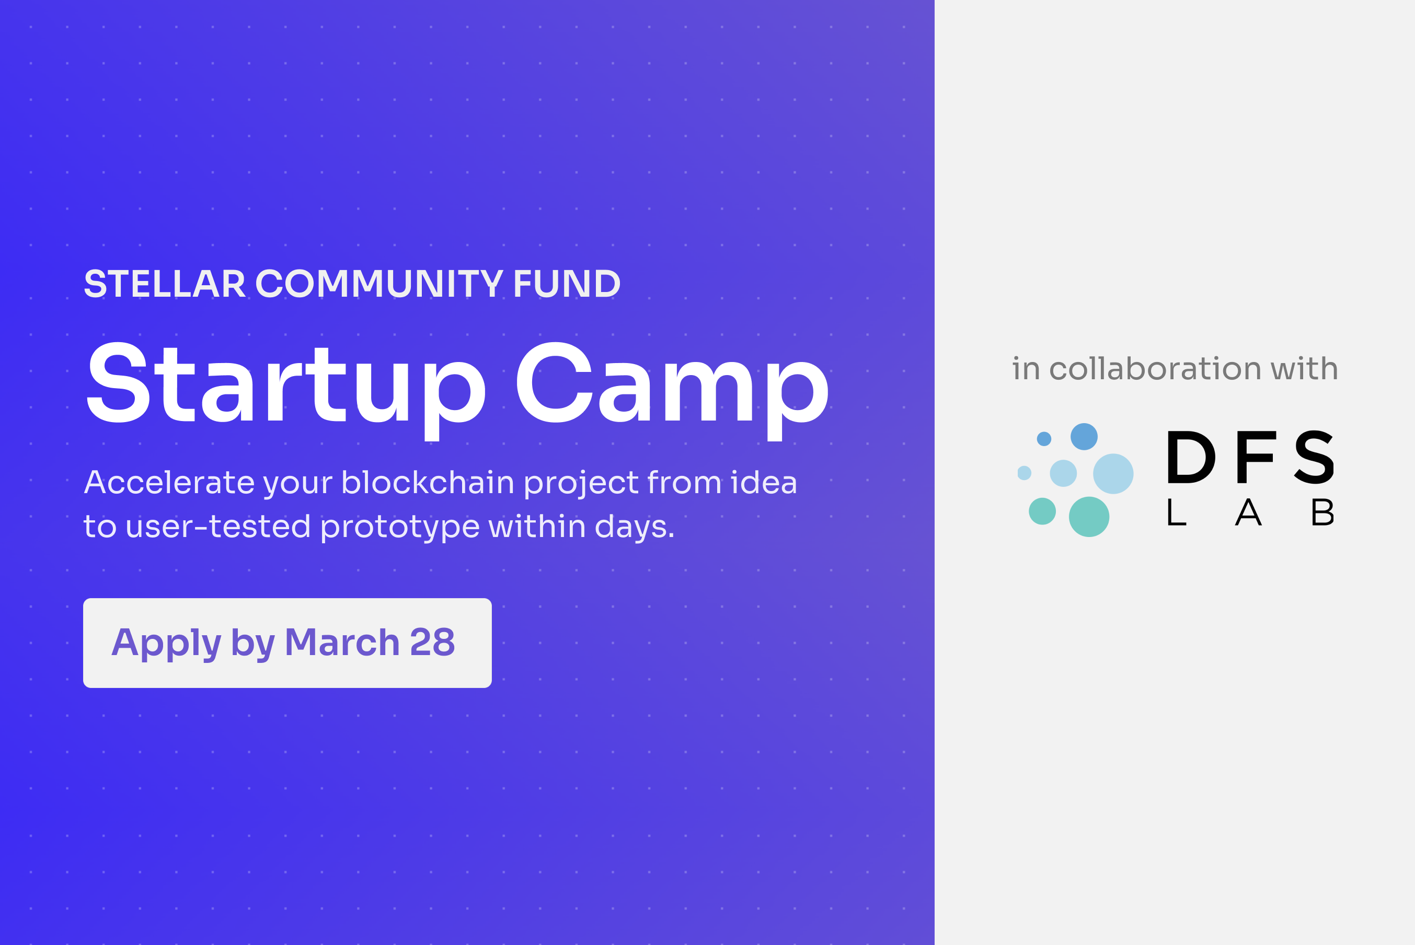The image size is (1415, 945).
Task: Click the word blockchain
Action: [x=428, y=483]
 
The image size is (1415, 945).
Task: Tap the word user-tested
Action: [x=218, y=527]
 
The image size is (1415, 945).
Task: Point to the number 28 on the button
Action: [x=432, y=643]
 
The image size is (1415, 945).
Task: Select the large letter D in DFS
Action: [x=1191, y=458]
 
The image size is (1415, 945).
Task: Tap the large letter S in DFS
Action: [x=1314, y=458]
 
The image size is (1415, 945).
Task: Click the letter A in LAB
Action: [x=1248, y=512]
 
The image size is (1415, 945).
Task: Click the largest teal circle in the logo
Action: [x=1089, y=517]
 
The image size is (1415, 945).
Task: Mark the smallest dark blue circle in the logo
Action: [x=1044, y=439]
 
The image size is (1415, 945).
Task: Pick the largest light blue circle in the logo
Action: [x=1113, y=474]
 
